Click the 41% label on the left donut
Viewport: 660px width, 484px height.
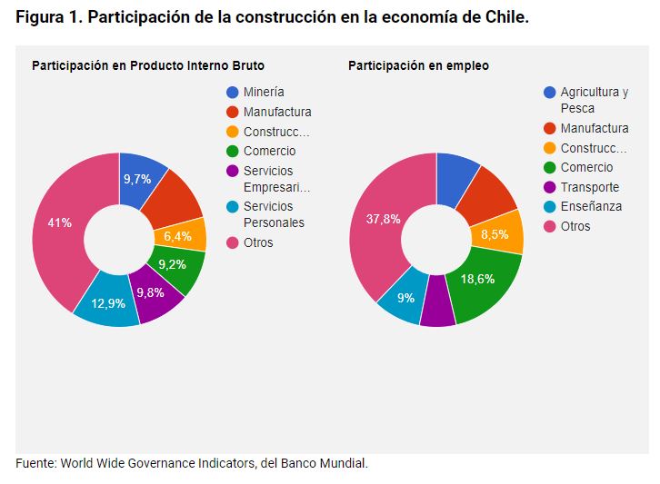(x=60, y=222)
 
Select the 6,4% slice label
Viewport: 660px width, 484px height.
(x=179, y=236)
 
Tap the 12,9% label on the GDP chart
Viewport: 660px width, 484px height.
(x=109, y=303)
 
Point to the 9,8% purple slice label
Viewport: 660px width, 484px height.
(x=151, y=292)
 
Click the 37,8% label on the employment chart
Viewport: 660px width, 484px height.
(x=383, y=219)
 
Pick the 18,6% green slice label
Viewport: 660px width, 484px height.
(x=476, y=279)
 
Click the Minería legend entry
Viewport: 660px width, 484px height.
(x=264, y=92)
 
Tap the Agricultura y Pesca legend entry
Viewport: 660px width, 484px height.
(x=594, y=100)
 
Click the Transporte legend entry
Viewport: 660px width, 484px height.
(x=589, y=187)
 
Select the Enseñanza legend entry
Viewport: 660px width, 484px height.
(x=591, y=207)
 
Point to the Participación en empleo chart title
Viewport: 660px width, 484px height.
(x=418, y=65)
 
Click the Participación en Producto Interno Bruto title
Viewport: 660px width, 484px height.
(x=148, y=65)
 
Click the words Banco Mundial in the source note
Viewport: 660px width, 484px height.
(x=326, y=463)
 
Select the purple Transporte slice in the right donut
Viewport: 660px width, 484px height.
(x=437, y=308)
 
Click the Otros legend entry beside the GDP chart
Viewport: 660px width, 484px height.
(x=258, y=242)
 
